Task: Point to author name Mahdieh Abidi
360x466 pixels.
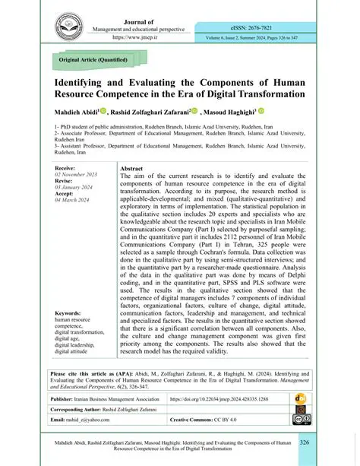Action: [x=77, y=110]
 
